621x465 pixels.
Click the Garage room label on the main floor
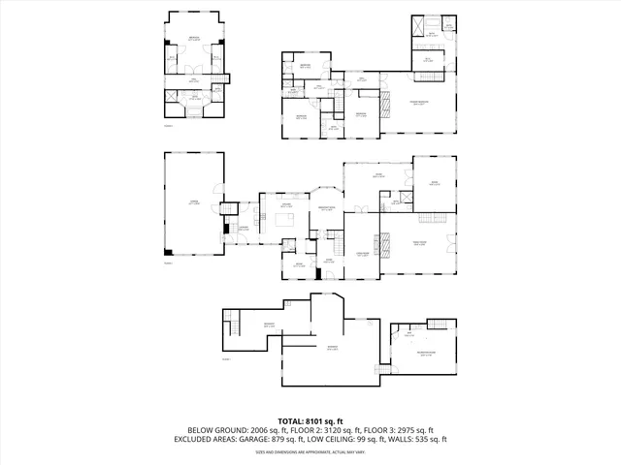pyautogui.click(x=193, y=201)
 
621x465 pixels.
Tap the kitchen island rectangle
pyautogui.click(x=287, y=219)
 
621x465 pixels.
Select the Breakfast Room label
pyautogui.click(x=328, y=208)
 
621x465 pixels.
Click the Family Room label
pyautogui.click(x=419, y=244)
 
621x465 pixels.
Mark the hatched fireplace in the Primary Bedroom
pyautogui.click(x=384, y=106)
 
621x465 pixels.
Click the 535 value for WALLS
pyautogui.click(x=425, y=439)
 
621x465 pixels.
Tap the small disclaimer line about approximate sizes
pyautogui.click(x=310, y=451)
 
